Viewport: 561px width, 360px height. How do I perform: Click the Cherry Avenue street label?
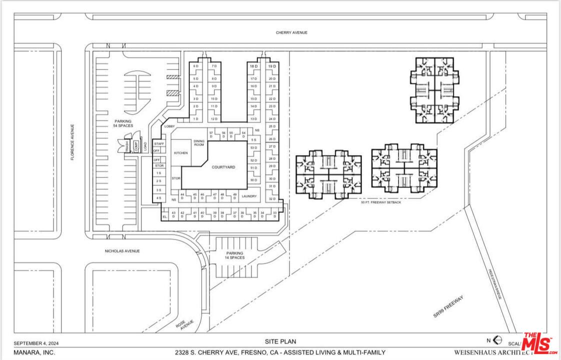point(291,32)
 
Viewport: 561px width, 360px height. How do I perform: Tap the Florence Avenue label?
point(72,142)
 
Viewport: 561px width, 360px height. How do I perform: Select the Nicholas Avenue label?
point(122,251)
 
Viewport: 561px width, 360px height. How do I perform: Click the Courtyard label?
point(223,167)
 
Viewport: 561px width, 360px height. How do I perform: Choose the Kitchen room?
point(180,152)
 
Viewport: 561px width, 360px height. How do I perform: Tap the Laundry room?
point(249,196)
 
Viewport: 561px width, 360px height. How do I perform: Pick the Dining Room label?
point(199,142)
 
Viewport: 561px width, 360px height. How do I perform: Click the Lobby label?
point(169,126)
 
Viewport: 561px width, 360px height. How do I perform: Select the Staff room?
point(159,144)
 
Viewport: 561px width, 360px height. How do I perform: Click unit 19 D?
point(271,66)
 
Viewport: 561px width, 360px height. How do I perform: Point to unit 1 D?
point(196,119)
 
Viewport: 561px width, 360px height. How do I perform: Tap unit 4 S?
point(158,198)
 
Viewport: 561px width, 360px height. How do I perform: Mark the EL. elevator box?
point(164,216)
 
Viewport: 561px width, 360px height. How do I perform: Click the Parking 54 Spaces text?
point(122,123)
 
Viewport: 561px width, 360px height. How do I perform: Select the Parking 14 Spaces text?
point(235,255)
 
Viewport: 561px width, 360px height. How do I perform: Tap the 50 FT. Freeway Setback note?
point(381,202)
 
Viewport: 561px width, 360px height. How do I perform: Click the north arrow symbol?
point(497,340)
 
